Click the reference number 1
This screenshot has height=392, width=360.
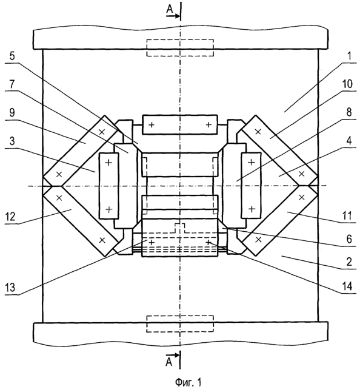(x=349, y=56)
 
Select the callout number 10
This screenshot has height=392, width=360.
(x=347, y=84)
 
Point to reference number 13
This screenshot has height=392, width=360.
(x=10, y=288)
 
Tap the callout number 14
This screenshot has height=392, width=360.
(x=347, y=286)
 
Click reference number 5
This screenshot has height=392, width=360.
(x=12, y=56)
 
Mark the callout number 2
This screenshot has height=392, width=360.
(x=349, y=262)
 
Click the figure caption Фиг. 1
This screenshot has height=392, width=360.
(x=188, y=382)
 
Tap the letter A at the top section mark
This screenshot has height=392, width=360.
(x=170, y=9)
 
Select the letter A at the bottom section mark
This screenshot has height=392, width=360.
(x=169, y=362)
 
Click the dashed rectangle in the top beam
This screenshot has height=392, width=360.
(x=180, y=47)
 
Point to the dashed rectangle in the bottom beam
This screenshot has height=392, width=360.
(x=180, y=324)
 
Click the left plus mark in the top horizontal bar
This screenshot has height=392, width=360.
(x=152, y=124)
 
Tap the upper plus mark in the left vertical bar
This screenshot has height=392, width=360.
(x=108, y=163)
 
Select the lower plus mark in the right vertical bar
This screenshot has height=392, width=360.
(x=252, y=209)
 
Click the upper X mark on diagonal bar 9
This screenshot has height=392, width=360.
(x=102, y=132)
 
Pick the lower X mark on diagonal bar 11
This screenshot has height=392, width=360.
(x=259, y=240)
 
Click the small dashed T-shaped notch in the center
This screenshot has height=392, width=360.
(x=180, y=228)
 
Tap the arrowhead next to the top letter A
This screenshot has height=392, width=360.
(x=177, y=16)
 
